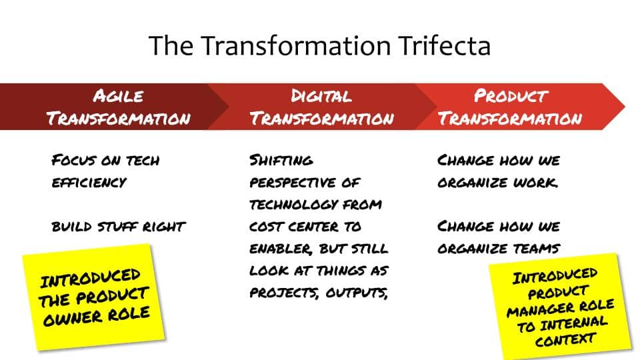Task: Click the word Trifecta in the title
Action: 445,45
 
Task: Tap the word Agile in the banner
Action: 118,96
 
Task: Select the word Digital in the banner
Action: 321,96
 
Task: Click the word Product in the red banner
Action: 510,96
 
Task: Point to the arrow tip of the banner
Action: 625,107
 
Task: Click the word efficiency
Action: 89,182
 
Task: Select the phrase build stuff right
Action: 119,226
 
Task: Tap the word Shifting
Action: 281,160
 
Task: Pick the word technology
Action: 293,204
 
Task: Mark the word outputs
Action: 356,293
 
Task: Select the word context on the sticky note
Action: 565,339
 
